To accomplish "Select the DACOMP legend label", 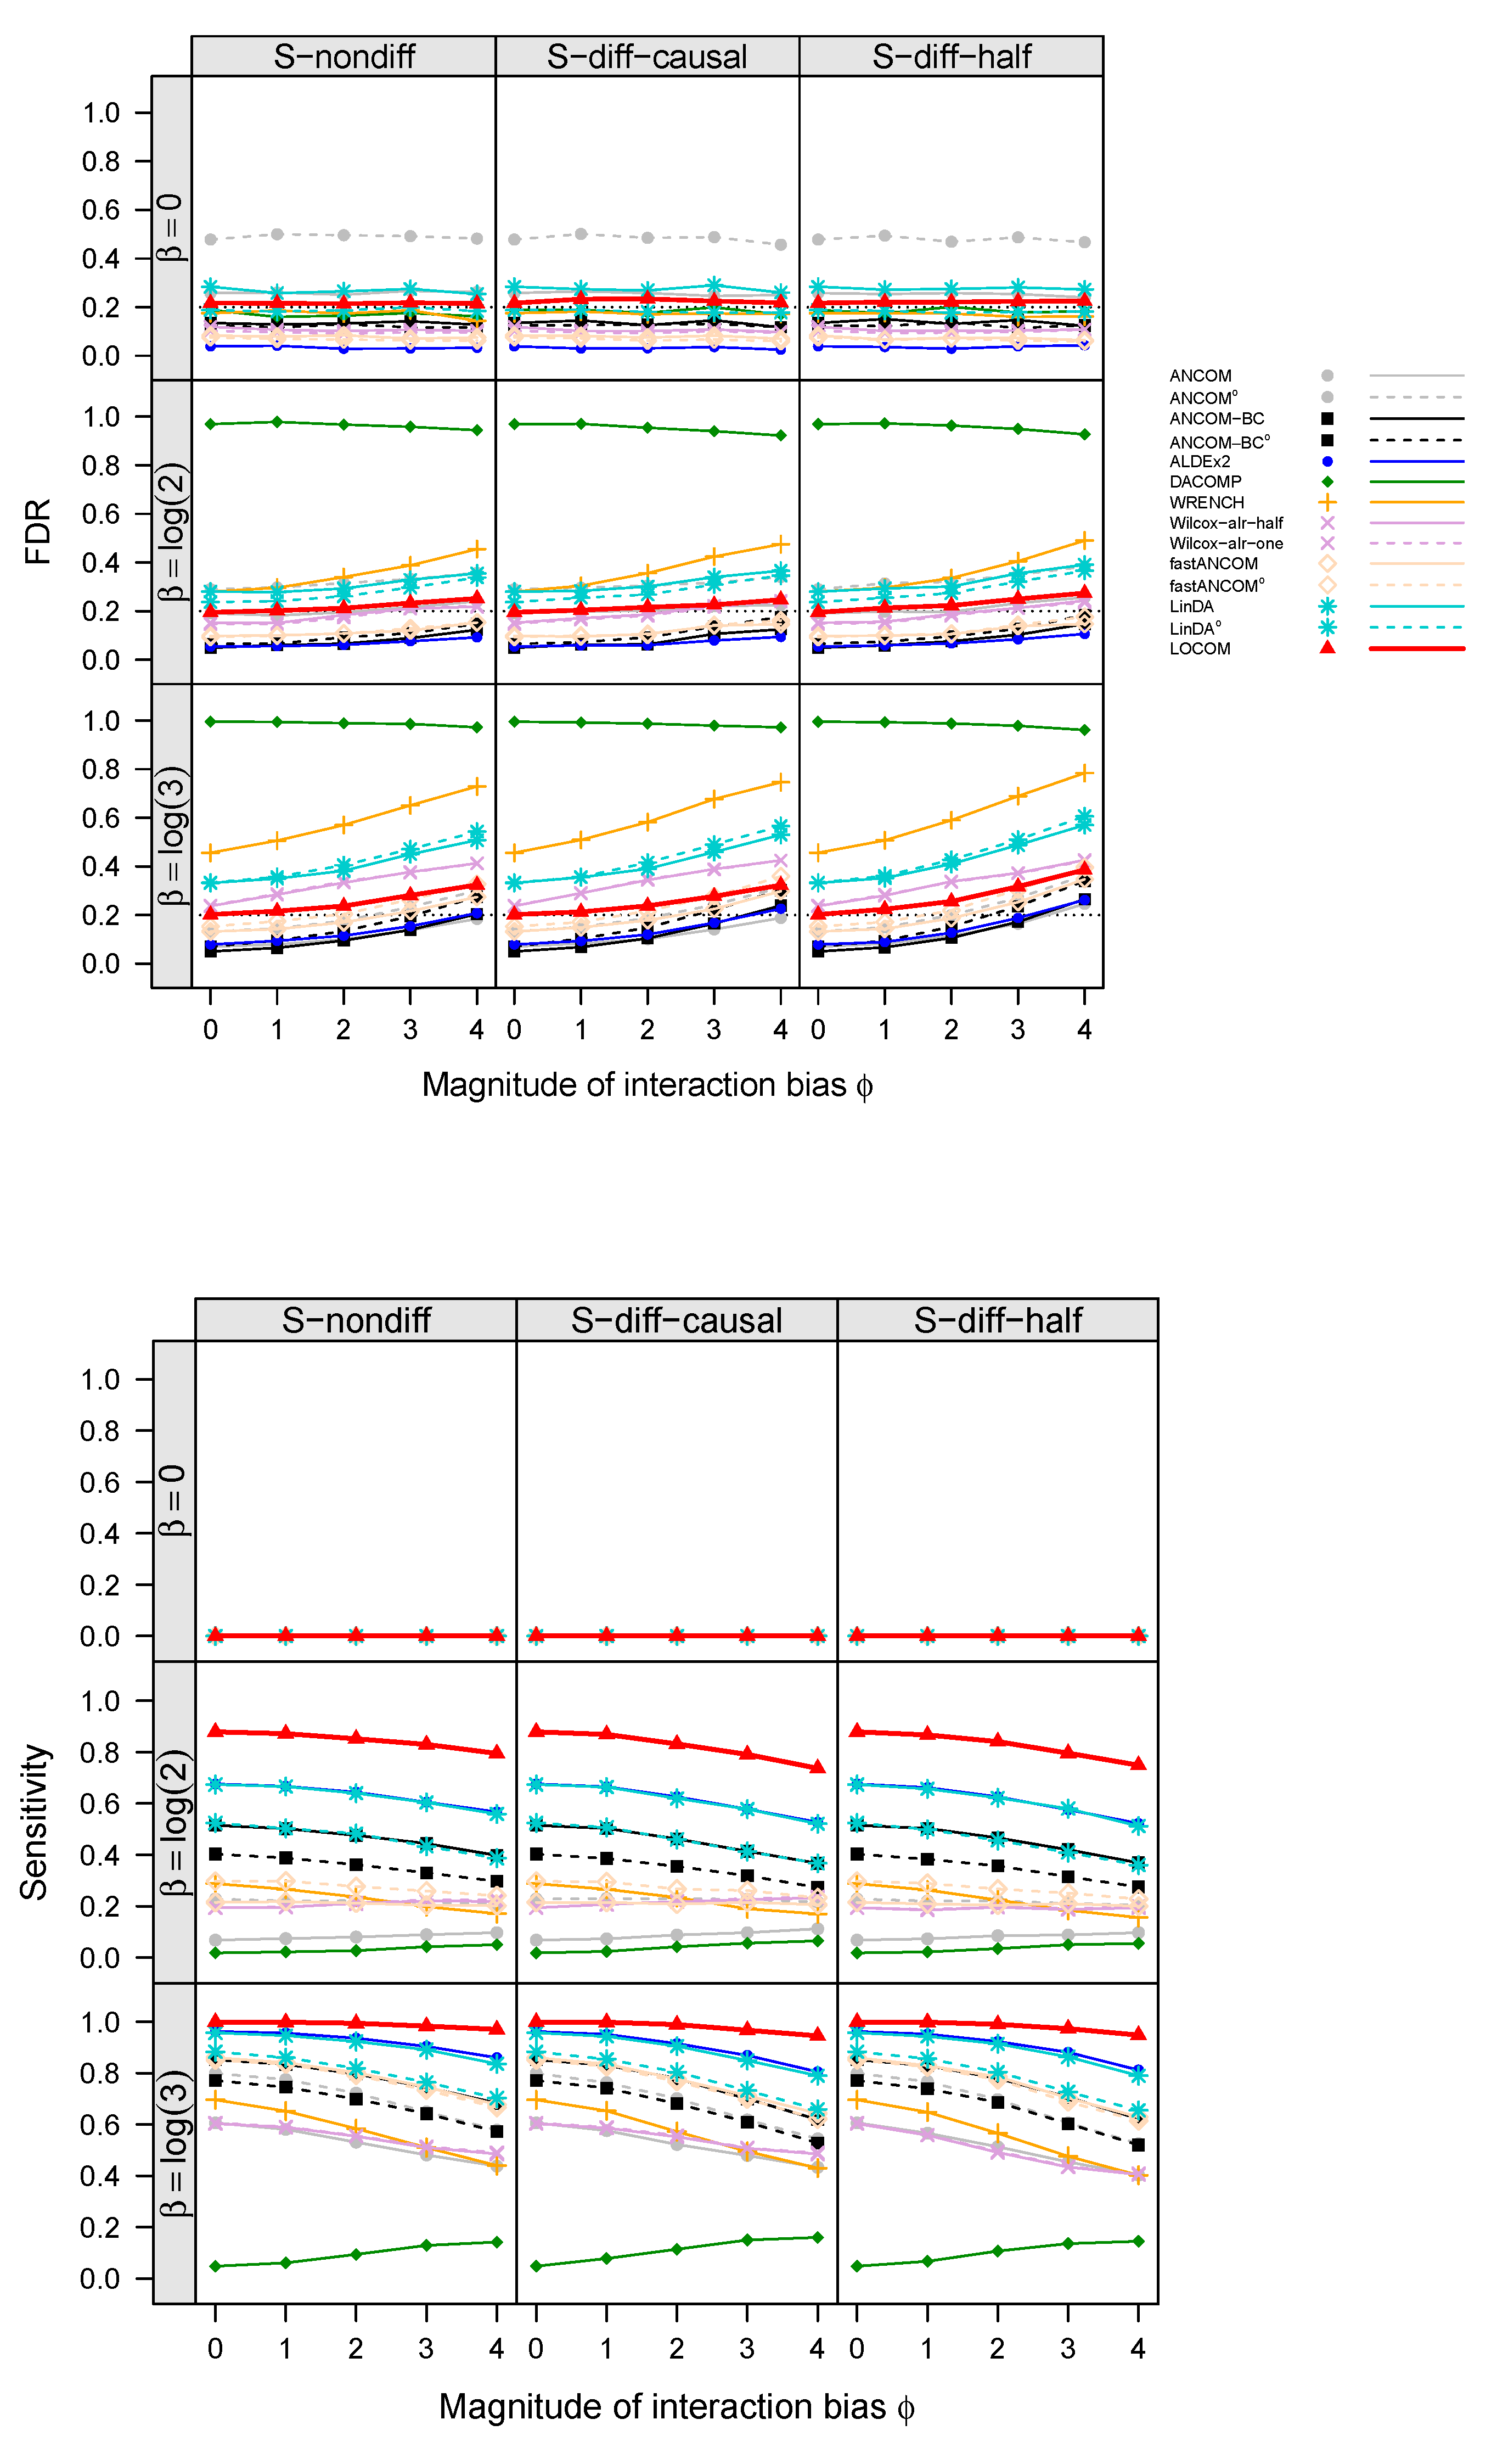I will point(1205,482).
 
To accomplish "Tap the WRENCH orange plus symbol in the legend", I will point(1327,503).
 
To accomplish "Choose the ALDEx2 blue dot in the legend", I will point(1327,462).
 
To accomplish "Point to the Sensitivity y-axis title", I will point(36,1822).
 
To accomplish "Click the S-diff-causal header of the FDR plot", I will point(647,57).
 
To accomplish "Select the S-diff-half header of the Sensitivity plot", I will point(997,1320).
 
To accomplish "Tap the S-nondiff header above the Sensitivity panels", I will point(356,1320).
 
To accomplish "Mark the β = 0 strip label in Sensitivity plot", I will point(173,1500).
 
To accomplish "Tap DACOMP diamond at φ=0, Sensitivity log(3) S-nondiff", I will point(215,2266).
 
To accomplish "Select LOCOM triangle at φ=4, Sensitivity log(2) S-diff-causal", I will point(818,1767).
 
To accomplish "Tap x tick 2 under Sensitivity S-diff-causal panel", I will point(677,2349).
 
